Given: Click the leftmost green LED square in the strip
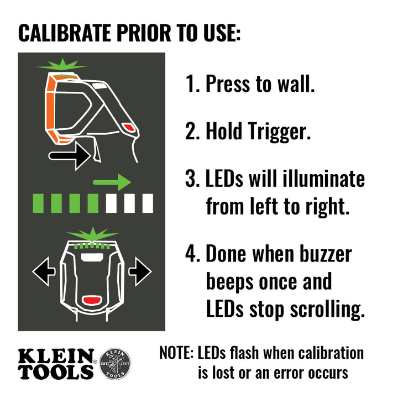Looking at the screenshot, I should [x=39, y=203].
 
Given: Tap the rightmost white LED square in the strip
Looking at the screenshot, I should [x=147, y=203].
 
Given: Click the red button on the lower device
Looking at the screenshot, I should [x=92, y=301].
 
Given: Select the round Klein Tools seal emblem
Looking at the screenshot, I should [x=115, y=363].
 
